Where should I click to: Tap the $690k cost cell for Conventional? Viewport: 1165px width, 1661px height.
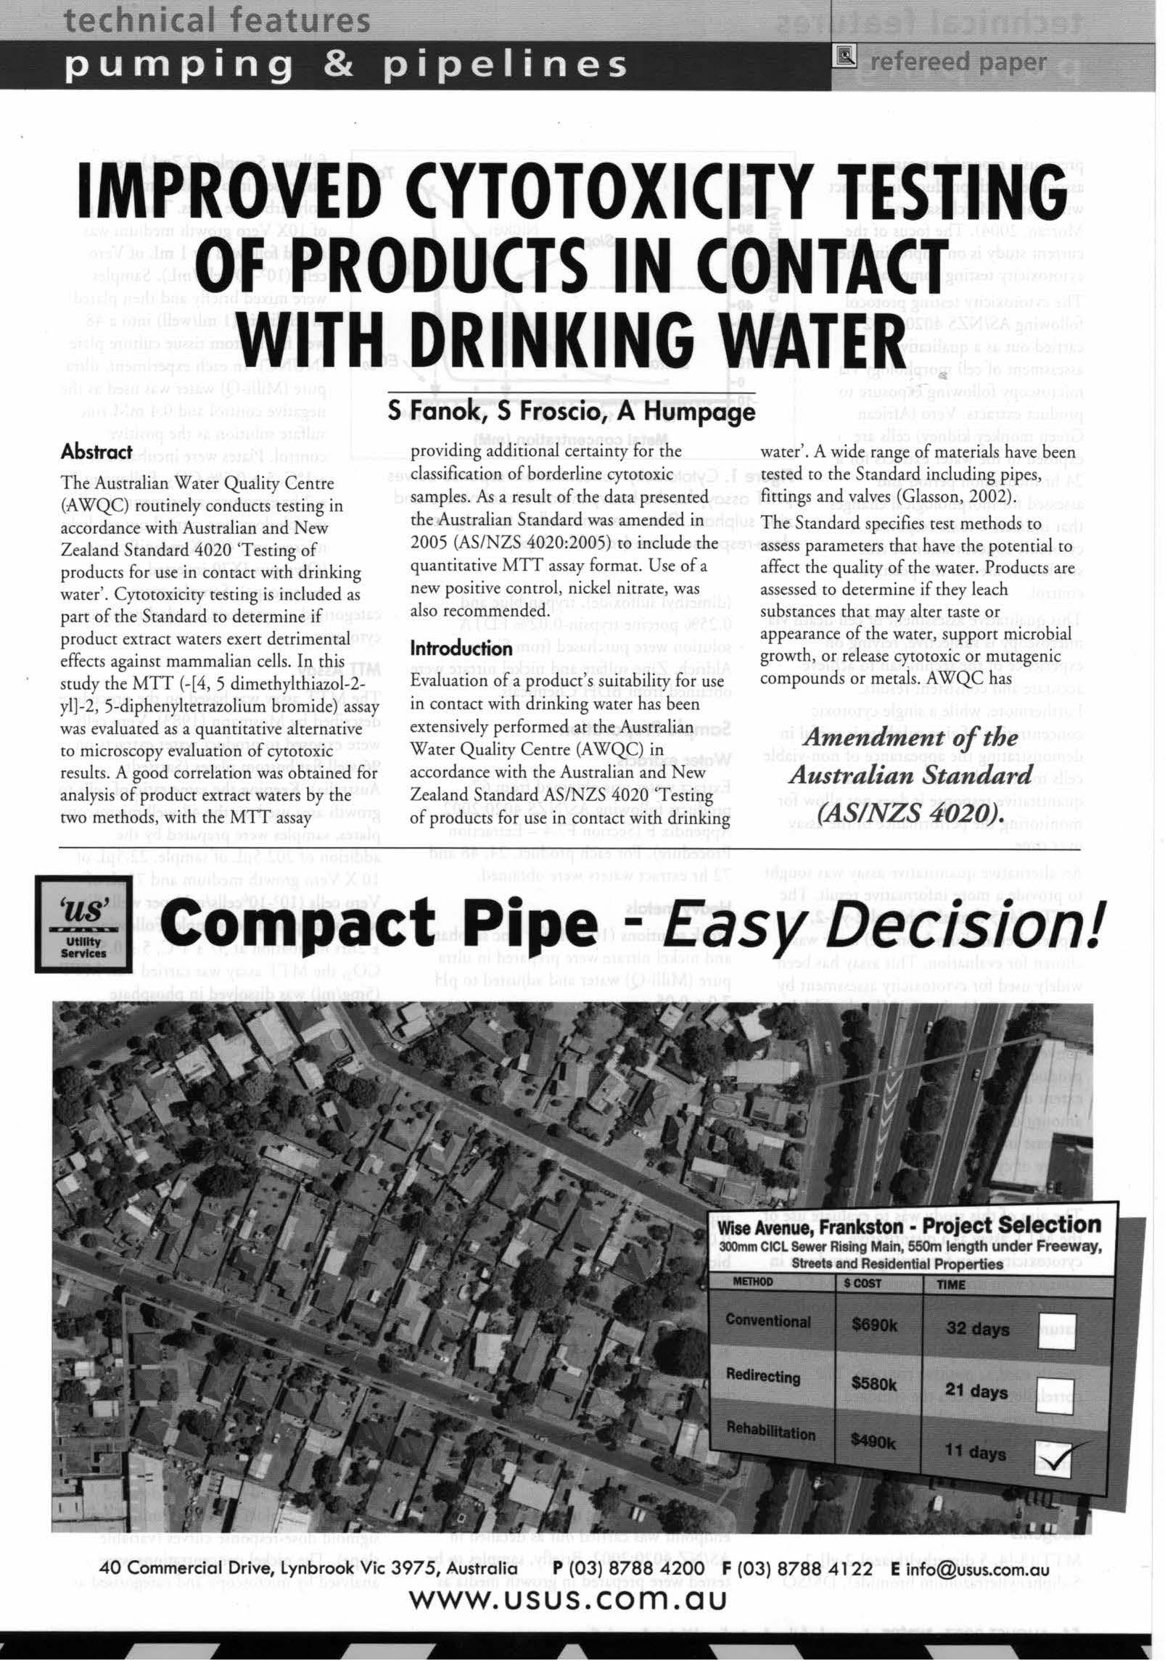pos(875,1326)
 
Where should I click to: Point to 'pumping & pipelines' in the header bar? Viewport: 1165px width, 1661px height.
pos(347,65)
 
